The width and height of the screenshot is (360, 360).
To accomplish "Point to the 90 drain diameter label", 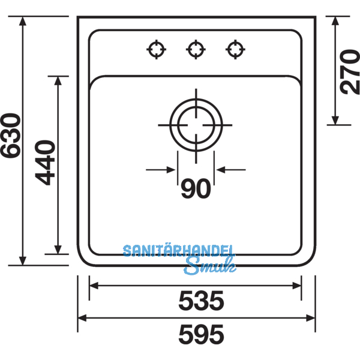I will [x=196, y=189].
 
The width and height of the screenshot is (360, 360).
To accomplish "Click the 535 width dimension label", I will [x=200, y=300].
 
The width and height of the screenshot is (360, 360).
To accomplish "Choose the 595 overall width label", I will [x=200, y=332].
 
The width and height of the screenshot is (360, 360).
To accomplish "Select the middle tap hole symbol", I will [x=195, y=50].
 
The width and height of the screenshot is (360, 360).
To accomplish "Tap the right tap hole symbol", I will [x=234, y=50].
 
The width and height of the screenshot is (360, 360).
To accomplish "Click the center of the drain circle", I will [x=196, y=125].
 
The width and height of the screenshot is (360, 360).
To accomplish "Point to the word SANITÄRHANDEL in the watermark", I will [x=179, y=251].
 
